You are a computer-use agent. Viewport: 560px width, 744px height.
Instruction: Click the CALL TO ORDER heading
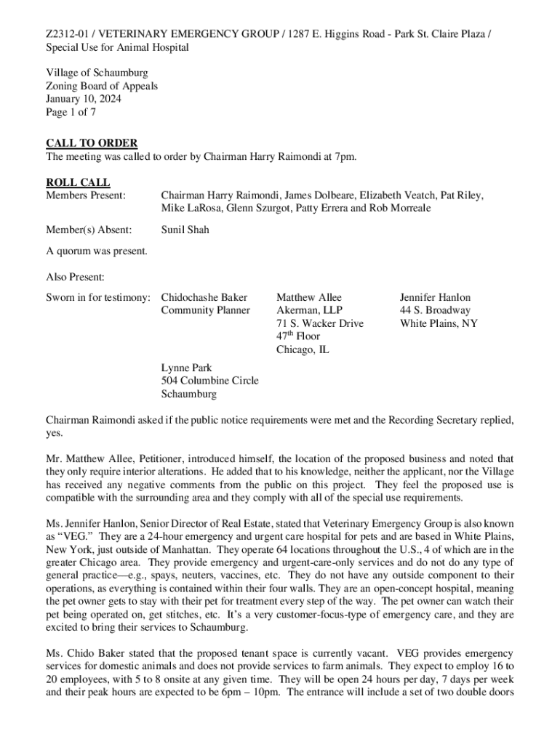(92, 143)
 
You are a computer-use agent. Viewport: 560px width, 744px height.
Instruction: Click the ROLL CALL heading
(79, 182)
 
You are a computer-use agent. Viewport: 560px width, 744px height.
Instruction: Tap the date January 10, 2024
(84, 100)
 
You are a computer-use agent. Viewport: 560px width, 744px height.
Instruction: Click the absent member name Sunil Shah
(185, 230)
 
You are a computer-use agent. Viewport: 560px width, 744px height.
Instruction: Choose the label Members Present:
(86, 195)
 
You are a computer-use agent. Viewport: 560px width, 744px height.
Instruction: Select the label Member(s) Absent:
(89, 230)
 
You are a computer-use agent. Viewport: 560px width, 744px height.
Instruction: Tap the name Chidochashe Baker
(204, 297)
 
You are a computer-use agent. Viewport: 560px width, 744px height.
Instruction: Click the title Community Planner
(205, 310)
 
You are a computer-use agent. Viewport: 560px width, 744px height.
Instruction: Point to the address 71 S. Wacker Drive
(319, 323)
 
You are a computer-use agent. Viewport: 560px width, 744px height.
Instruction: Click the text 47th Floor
(297, 336)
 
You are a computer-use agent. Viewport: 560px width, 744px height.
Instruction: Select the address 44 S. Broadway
(435, 310)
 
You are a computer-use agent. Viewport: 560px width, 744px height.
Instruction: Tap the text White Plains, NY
(439, 323)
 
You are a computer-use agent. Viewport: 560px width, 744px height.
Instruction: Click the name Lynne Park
(186, 368)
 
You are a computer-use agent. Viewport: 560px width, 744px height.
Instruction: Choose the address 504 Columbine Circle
(209, 381)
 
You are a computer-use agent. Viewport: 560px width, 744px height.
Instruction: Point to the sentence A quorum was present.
(97, 251)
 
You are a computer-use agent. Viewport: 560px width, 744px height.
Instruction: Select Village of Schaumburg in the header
(97, 73)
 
